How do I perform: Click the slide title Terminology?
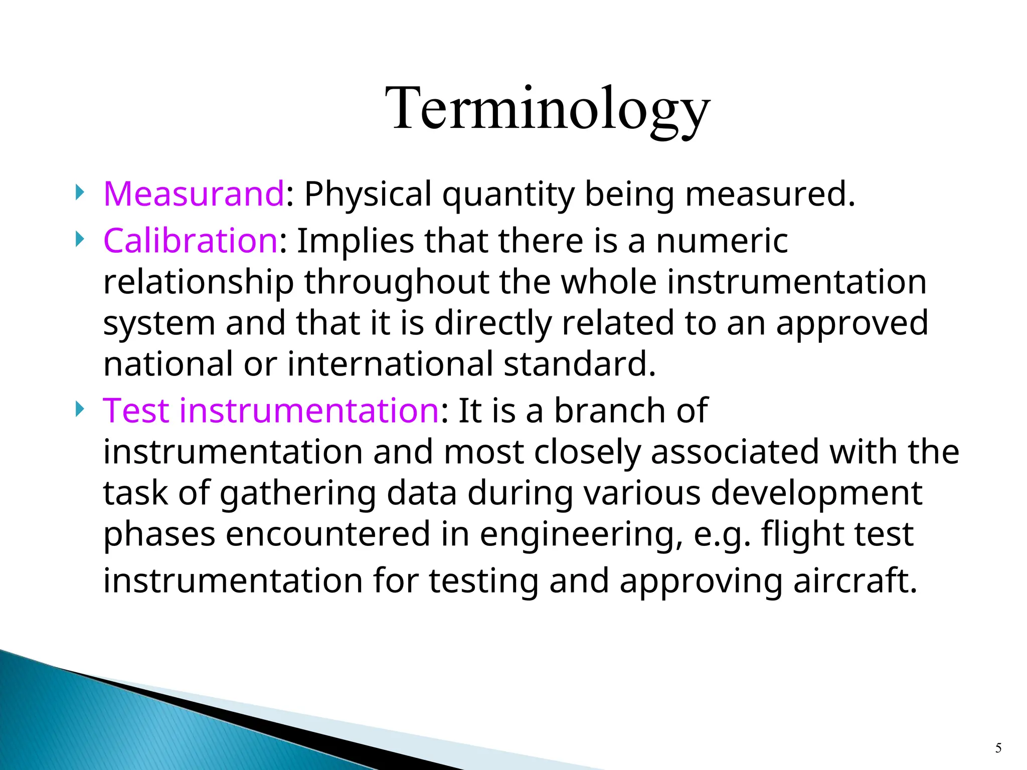(548, 109)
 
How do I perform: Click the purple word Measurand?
(194, 194)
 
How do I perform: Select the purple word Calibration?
(190, 241)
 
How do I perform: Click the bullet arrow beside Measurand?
(79, 192)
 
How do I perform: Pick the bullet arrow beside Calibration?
(79, 239)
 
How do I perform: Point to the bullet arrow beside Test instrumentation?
(79, 409)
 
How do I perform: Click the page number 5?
(998, 748)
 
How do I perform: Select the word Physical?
(368, 194)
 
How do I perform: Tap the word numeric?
(722, 241)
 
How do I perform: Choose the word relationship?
(198, 283)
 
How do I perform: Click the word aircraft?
(855, 581)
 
